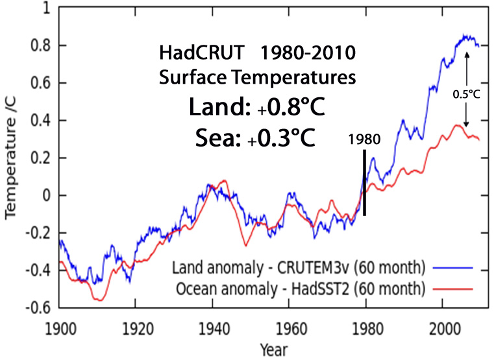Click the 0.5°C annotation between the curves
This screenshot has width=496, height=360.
click(466, 93)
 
